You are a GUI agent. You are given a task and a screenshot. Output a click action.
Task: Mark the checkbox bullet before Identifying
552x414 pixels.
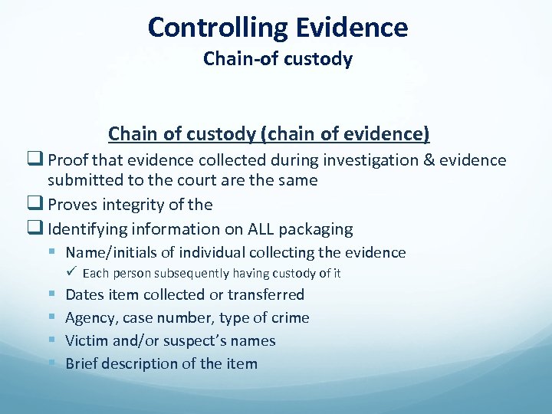tap(38, 228)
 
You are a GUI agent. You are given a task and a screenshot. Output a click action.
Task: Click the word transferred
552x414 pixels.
tap(266, 294)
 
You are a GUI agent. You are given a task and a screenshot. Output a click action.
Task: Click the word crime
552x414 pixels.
tap(287, 317)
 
